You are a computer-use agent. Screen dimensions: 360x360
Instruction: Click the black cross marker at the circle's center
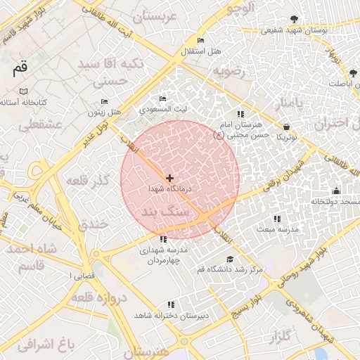(x=169, y=179)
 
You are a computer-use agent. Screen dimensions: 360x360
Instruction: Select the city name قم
(x=20, y=69)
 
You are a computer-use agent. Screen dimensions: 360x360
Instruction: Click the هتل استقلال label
(x=201, y=51)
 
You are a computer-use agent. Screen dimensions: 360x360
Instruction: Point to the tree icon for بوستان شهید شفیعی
(x=294, y=20)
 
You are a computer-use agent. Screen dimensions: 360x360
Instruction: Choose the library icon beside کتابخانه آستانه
(x=24, y=91)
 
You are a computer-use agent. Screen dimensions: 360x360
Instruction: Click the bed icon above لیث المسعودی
(x=163, y=98)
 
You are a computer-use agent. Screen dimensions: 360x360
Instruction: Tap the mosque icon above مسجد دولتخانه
(x=336, y=191)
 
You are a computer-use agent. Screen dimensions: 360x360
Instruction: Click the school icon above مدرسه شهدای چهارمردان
(x=163, y=239)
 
